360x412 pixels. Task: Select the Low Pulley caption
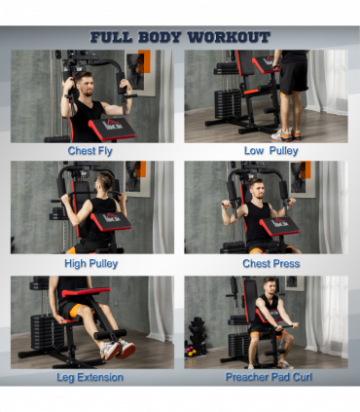pos(270,151)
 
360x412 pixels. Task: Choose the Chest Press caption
pos(271,263)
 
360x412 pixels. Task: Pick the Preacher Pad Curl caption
pos(270,376)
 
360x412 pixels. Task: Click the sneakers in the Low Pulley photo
pos(282,133)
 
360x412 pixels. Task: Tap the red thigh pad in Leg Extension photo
pos(86,292)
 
